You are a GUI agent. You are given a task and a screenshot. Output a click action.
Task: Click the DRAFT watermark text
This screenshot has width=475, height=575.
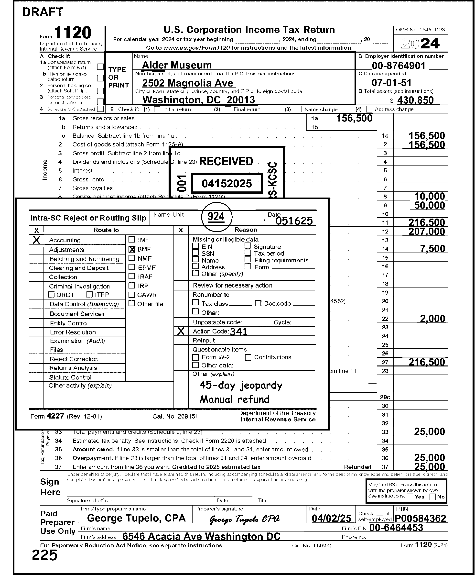(43, 12)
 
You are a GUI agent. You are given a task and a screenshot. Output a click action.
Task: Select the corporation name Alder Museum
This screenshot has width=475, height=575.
(177, 65)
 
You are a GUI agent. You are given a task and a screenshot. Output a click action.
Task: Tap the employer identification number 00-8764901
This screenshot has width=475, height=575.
(398, 66)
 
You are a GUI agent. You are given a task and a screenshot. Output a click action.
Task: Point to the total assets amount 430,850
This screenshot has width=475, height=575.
(415, 100)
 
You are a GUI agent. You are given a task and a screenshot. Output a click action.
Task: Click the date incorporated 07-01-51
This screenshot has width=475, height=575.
(391, 82)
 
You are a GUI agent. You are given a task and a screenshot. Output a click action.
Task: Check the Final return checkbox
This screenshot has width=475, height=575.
(228, 109)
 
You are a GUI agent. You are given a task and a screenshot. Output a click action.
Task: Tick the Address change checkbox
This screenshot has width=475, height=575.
(369, 109)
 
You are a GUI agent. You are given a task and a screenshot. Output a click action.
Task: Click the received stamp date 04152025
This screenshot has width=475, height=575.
(227, 183)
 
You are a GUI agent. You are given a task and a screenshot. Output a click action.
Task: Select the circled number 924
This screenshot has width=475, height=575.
(216, 217)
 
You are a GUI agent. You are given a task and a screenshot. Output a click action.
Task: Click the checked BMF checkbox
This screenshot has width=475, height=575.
(132, 249)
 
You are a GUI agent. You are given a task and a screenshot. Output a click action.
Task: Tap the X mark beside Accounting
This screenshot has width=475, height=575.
(36, 240)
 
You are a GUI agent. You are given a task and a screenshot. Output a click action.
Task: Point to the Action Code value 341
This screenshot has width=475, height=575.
(238, 332)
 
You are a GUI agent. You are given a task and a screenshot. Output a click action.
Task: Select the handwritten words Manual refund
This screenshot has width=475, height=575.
(235, 399)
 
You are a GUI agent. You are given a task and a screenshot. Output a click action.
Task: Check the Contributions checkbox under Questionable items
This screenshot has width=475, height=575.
(248, 358)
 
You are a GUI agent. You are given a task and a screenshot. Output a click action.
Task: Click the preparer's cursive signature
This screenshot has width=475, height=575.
(244, 519)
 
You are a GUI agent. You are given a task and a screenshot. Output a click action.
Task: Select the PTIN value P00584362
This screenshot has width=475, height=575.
(420, 518)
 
